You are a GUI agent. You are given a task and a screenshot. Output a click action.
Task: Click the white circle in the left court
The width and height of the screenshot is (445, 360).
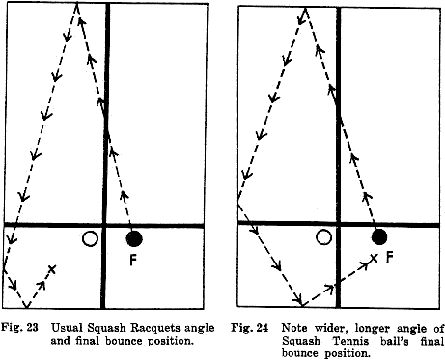click(91, 238)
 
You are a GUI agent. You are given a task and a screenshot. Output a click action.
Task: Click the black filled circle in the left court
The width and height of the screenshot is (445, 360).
click(134, 237)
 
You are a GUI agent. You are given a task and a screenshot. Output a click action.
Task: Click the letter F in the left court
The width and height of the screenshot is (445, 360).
click(133, 259)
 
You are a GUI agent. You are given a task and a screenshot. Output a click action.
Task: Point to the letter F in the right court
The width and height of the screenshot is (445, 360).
click(390, 257)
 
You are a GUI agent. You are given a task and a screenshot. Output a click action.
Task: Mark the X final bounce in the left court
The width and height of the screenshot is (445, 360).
click(52, 268)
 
